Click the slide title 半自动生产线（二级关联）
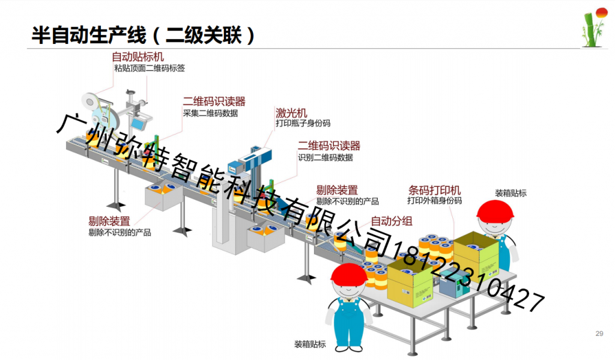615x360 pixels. click(x=143, y=35)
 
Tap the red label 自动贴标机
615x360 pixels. click(x=138, y=57)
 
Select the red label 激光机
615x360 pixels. click(x=291, y=113)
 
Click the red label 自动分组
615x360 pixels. click(x=392, y=221)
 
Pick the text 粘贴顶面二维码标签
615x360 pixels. click(x=150, y=69)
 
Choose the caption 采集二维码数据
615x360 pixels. click(x=210, y=113)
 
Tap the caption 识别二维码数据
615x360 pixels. click(x=326, y=157)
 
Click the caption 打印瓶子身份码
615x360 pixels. click(x=303, y=123)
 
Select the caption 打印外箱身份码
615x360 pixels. click(x=434, y=201)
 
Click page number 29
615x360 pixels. click(x=599, y=334)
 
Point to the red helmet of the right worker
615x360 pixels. click(x=495, y=209)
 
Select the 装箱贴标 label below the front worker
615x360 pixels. click(x=310, y=344)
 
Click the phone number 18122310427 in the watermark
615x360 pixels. click(x=468, y=276)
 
